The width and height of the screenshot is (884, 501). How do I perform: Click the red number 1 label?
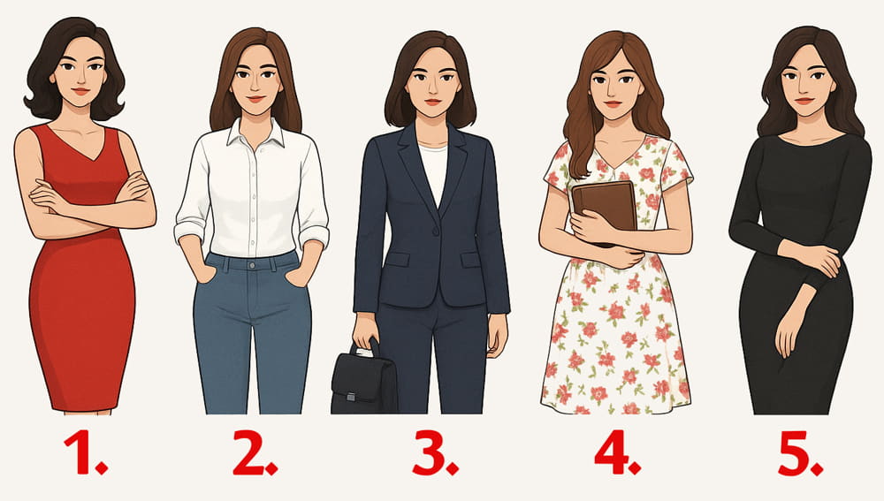coord(85,452)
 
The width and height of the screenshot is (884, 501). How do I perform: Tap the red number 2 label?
coord(255,452)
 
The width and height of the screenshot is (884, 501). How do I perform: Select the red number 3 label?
coord(435,452)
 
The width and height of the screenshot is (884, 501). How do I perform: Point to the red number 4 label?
coord(617,452)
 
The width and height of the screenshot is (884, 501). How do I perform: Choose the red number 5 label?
coord(800,453)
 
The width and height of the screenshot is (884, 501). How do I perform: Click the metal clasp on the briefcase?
coord(351,397)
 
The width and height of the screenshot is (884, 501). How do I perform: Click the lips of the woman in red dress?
coord(80,90)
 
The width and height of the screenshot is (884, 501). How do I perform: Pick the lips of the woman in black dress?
coord(804,101)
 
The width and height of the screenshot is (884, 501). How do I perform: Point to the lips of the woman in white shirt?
coord(256,99)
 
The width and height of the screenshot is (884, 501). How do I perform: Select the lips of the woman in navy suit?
coord(433,102)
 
